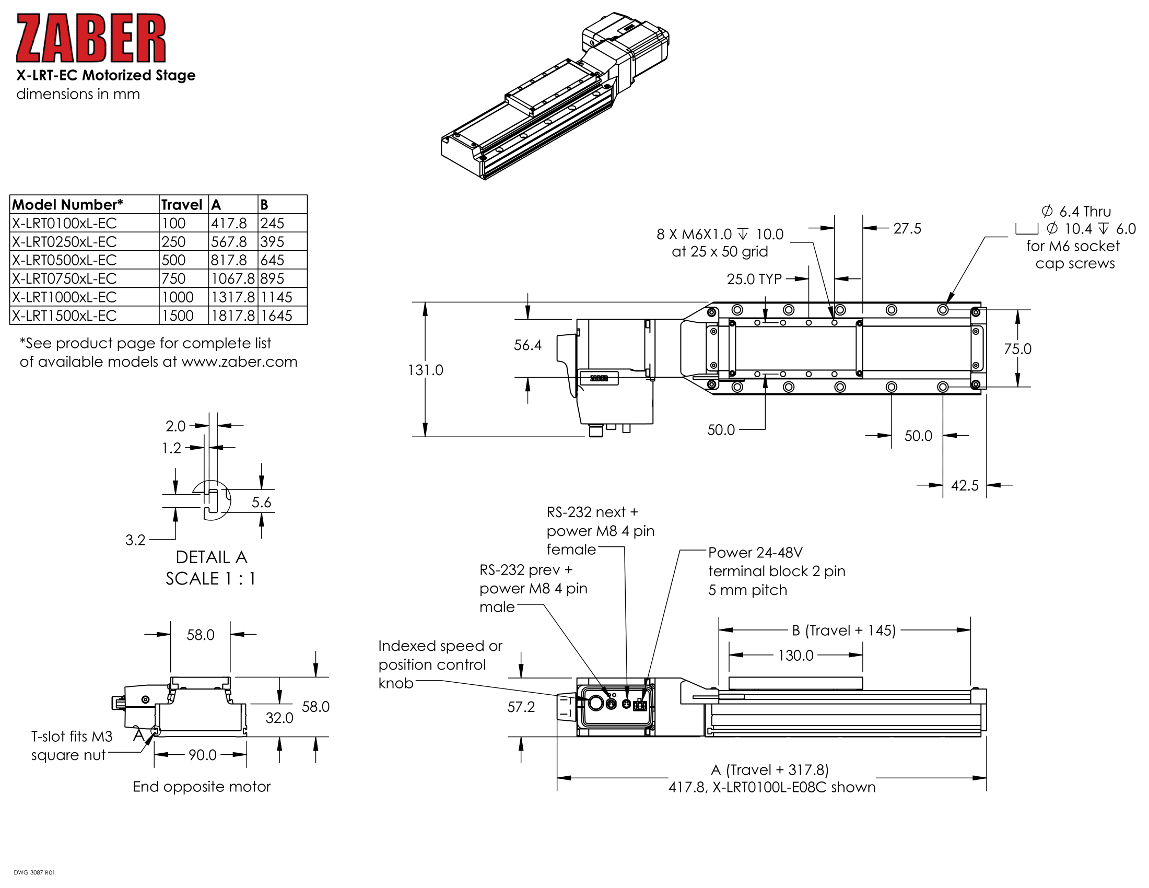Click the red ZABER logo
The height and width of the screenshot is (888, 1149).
tap(90, 38)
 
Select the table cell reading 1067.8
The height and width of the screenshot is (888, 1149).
tap(232, 279)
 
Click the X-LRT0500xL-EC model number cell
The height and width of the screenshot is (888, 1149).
tap(64, 261)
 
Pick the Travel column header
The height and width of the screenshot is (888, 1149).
tap(182, 205)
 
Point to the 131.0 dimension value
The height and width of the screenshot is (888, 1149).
tap(425, 370)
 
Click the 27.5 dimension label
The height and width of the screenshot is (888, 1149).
tap(907, 229)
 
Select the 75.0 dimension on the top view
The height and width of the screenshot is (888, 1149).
tap(1017, 349)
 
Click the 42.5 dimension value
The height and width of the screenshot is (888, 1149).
tap(964, 486)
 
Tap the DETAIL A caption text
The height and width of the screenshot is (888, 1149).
tap(211, 558)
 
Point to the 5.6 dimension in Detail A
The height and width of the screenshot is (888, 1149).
tap(261, 503)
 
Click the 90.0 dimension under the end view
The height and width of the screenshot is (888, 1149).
tap(202, 755)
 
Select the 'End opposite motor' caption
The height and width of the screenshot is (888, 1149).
tap(202, 787)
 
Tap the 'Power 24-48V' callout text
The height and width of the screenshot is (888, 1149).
tap(755, 553)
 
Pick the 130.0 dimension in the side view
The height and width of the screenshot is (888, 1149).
tap(795, 656)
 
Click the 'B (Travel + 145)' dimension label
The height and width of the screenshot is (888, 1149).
tap(843, 631)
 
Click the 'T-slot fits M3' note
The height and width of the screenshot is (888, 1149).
tap(72, 737)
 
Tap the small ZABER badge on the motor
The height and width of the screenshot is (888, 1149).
tap(599, 378)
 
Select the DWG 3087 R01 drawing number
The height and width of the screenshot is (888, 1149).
tap(34, 873)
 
